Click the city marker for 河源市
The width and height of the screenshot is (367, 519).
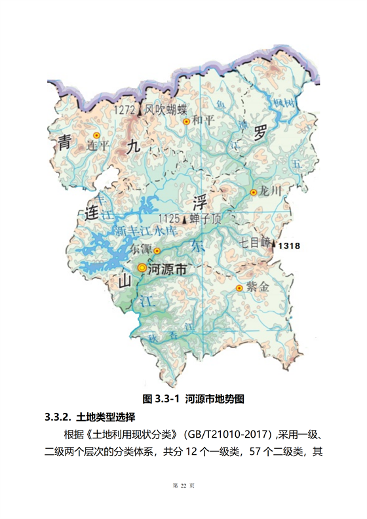(x=142, y=267)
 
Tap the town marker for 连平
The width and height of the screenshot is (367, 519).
(x=96, y=135)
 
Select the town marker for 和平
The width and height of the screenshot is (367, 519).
(x=186, y=121)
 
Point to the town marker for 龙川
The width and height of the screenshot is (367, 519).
(x=253, y=192)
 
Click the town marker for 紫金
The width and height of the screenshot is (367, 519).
(x=239, y=288)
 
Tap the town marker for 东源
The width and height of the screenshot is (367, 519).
(x=157, y=250)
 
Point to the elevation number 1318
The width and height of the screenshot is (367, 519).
(x=288, y=246)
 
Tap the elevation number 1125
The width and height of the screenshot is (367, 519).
(x=170, y=218)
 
